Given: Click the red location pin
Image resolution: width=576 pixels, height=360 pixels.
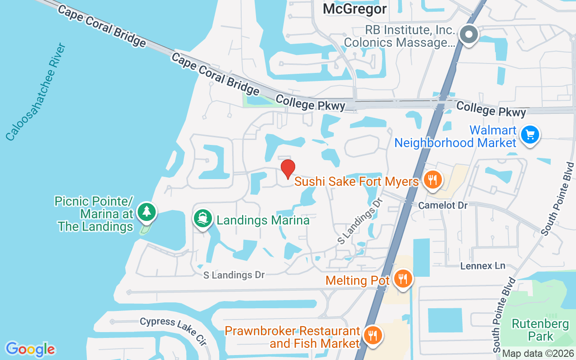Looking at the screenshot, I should coord(288,169).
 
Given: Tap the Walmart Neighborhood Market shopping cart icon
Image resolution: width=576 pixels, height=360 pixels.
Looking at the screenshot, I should coord(530,135).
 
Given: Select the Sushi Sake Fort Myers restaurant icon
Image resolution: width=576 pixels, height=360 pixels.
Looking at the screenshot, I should coord(432,180).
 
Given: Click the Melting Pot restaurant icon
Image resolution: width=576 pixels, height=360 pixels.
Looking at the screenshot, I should coord(402,279).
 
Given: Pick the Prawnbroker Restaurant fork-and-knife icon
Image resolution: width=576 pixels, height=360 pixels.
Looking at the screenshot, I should coord(373,335).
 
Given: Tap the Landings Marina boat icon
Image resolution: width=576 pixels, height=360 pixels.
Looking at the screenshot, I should coord(203,219).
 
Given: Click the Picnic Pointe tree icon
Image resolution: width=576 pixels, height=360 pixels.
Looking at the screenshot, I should coord(146,211).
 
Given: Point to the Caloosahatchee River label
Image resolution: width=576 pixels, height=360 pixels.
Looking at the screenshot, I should coord(36,92).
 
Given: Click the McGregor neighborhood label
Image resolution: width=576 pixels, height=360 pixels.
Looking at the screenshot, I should coord(355,9).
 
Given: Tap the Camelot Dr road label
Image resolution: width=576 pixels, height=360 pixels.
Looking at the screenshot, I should coord(443,205).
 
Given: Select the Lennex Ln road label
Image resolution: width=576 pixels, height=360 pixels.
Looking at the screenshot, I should coord(483,266).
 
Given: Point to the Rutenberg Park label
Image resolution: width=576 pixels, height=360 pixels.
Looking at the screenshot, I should coord(532,330).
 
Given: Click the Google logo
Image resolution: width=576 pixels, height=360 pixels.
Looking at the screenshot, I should coord(30,349).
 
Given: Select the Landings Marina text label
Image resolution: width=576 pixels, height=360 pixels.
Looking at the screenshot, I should coord(263,220).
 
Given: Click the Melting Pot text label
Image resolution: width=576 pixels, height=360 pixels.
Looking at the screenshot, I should coord(357,280).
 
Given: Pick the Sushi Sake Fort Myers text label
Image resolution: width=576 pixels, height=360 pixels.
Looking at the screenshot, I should coord(356,182).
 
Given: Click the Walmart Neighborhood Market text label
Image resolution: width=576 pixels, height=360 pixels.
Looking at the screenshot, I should coord(455,137).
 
